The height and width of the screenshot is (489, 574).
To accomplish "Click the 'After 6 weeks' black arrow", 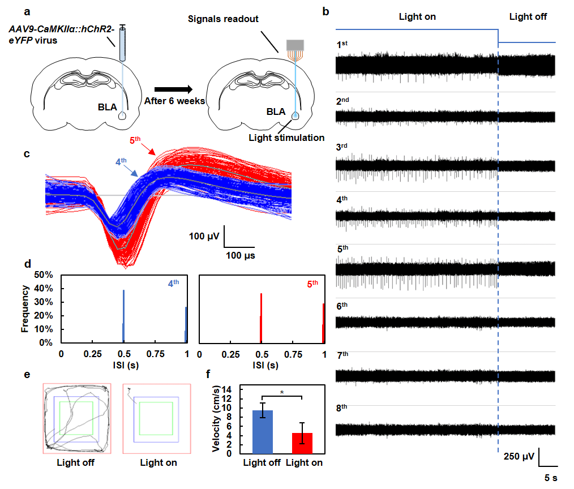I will (175, 89).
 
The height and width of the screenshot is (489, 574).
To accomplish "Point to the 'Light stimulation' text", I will (289, 138).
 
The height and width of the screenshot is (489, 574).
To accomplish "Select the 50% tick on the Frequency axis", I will (45, 274).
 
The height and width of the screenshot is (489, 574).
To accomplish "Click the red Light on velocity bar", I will (302, 443).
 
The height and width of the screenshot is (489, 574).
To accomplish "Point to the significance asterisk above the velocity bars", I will (281, 392).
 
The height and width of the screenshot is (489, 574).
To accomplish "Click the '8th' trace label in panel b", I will (342, 407).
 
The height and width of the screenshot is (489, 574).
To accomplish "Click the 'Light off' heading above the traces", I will (528, 16).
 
